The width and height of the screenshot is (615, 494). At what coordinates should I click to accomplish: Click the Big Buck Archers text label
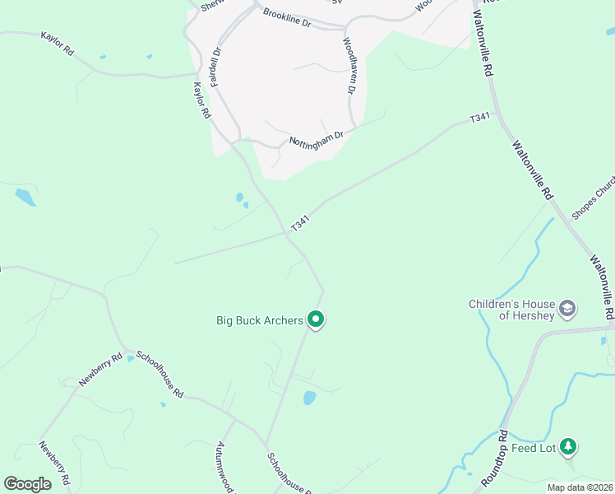click(260, 319)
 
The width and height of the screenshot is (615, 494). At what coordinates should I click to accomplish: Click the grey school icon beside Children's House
click(566, 310)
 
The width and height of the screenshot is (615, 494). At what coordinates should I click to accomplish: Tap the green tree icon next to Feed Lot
click(568, 447)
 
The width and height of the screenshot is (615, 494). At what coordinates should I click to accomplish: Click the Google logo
click(27, 484)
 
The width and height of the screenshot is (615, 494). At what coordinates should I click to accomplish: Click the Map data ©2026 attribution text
click(580, 487)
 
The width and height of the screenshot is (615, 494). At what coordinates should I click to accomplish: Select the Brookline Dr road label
click(287, 18)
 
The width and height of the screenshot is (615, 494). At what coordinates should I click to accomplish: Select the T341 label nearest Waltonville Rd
click(479, 119)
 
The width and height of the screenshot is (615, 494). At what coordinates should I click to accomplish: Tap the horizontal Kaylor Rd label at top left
click(58, 44)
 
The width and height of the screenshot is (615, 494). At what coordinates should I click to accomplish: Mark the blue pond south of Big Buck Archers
click(310, 398)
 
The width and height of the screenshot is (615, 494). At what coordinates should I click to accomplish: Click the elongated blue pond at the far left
click(25, 197)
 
